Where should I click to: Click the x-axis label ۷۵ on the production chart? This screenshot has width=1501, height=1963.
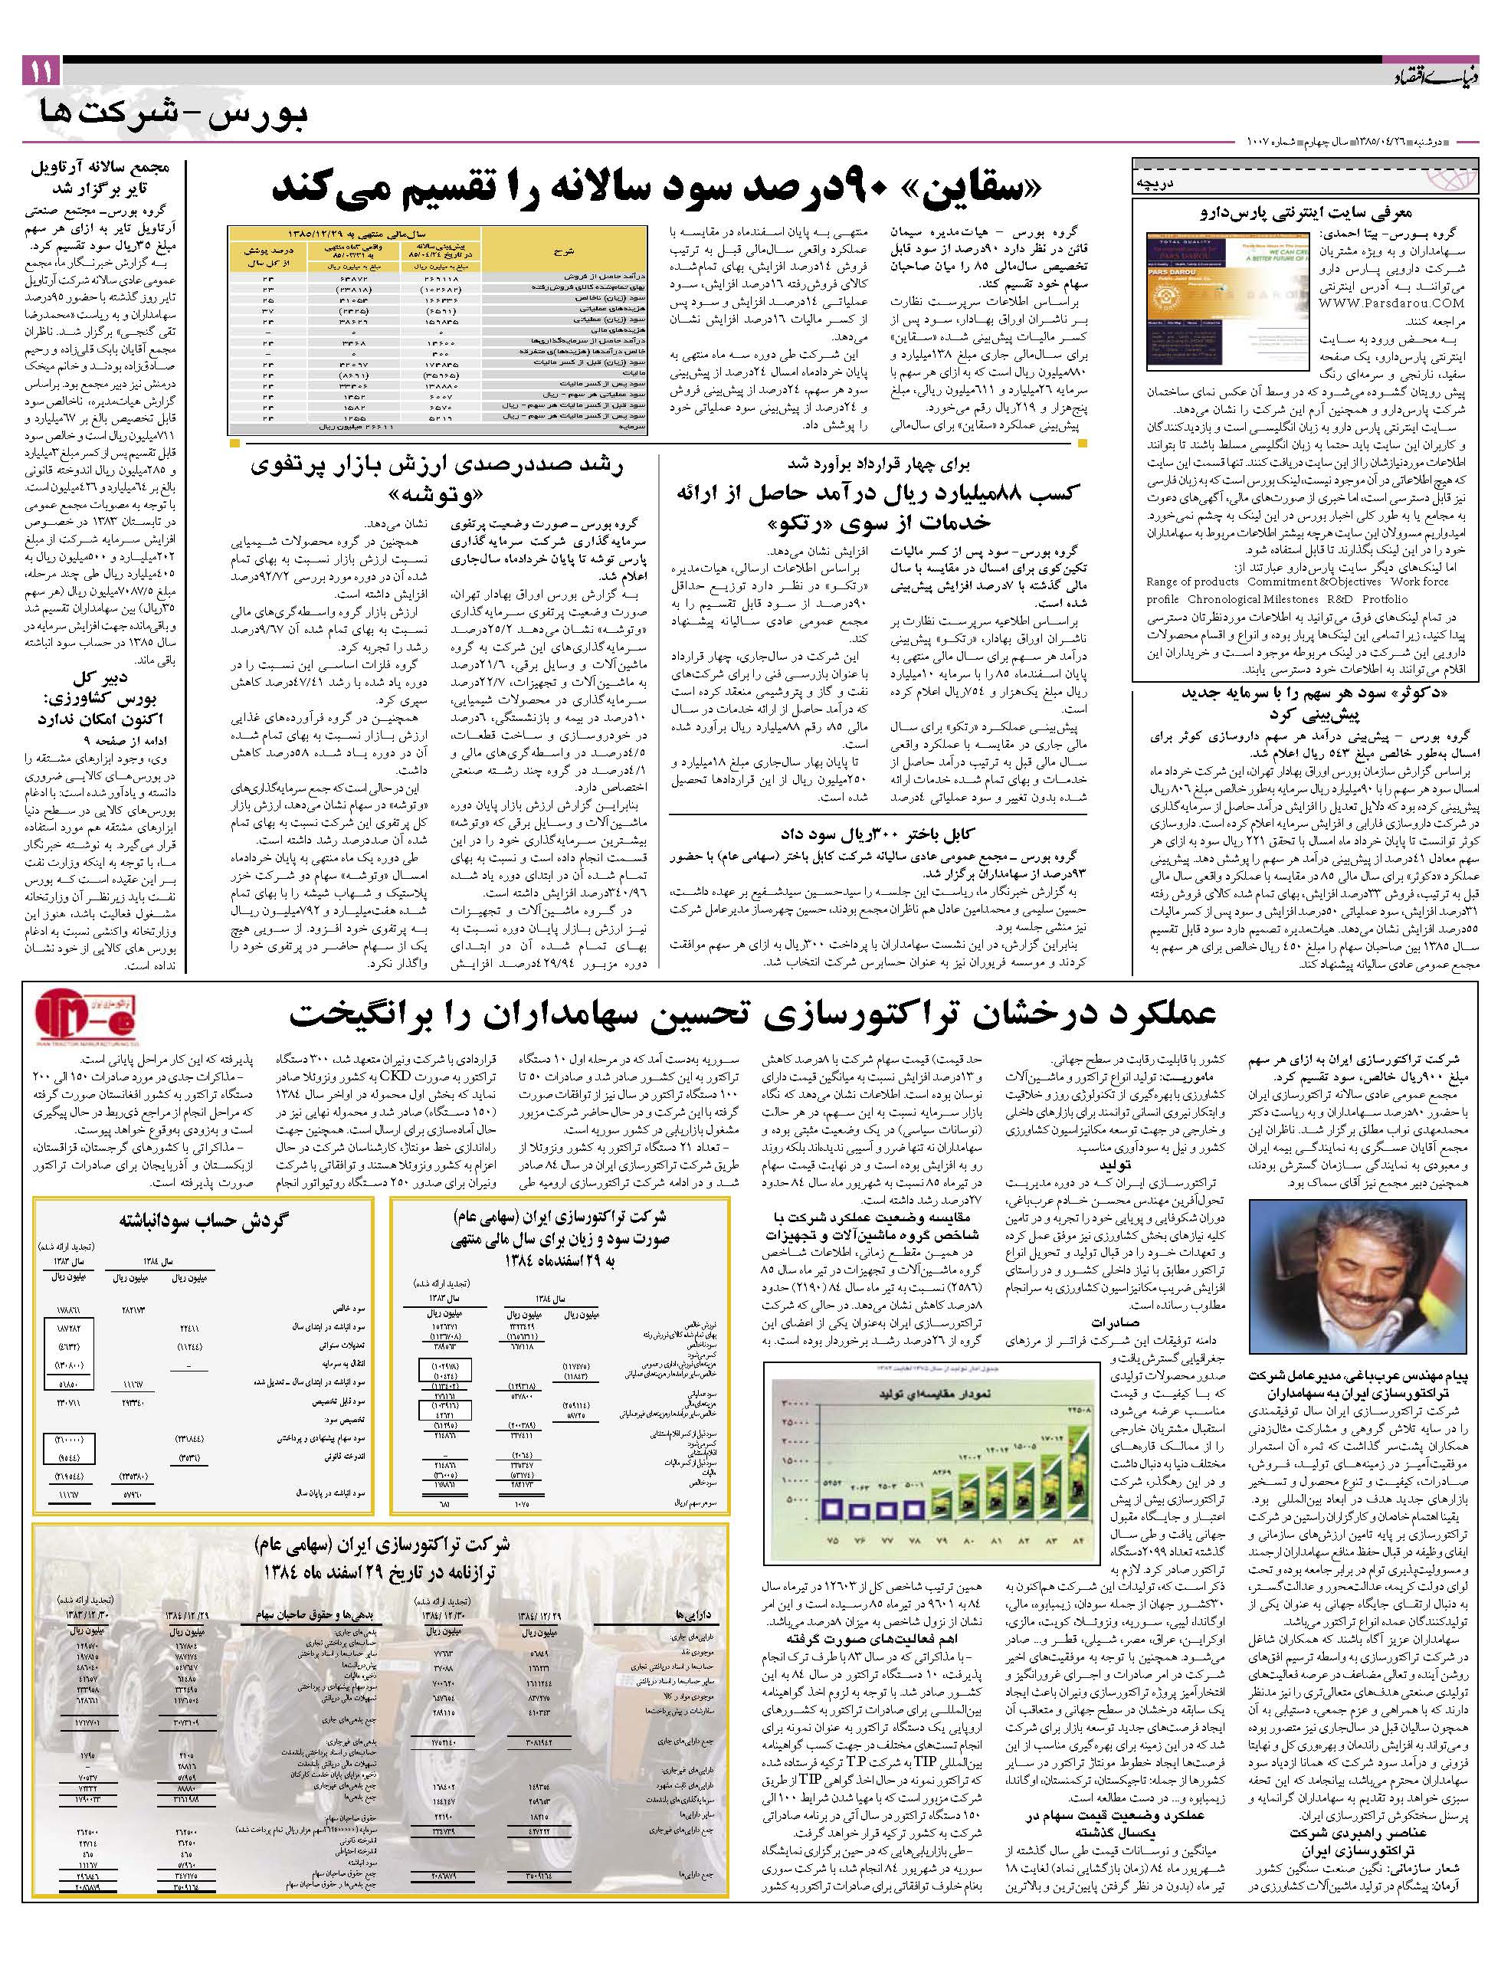834,1540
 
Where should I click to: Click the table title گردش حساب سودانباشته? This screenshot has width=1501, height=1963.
198,1222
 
